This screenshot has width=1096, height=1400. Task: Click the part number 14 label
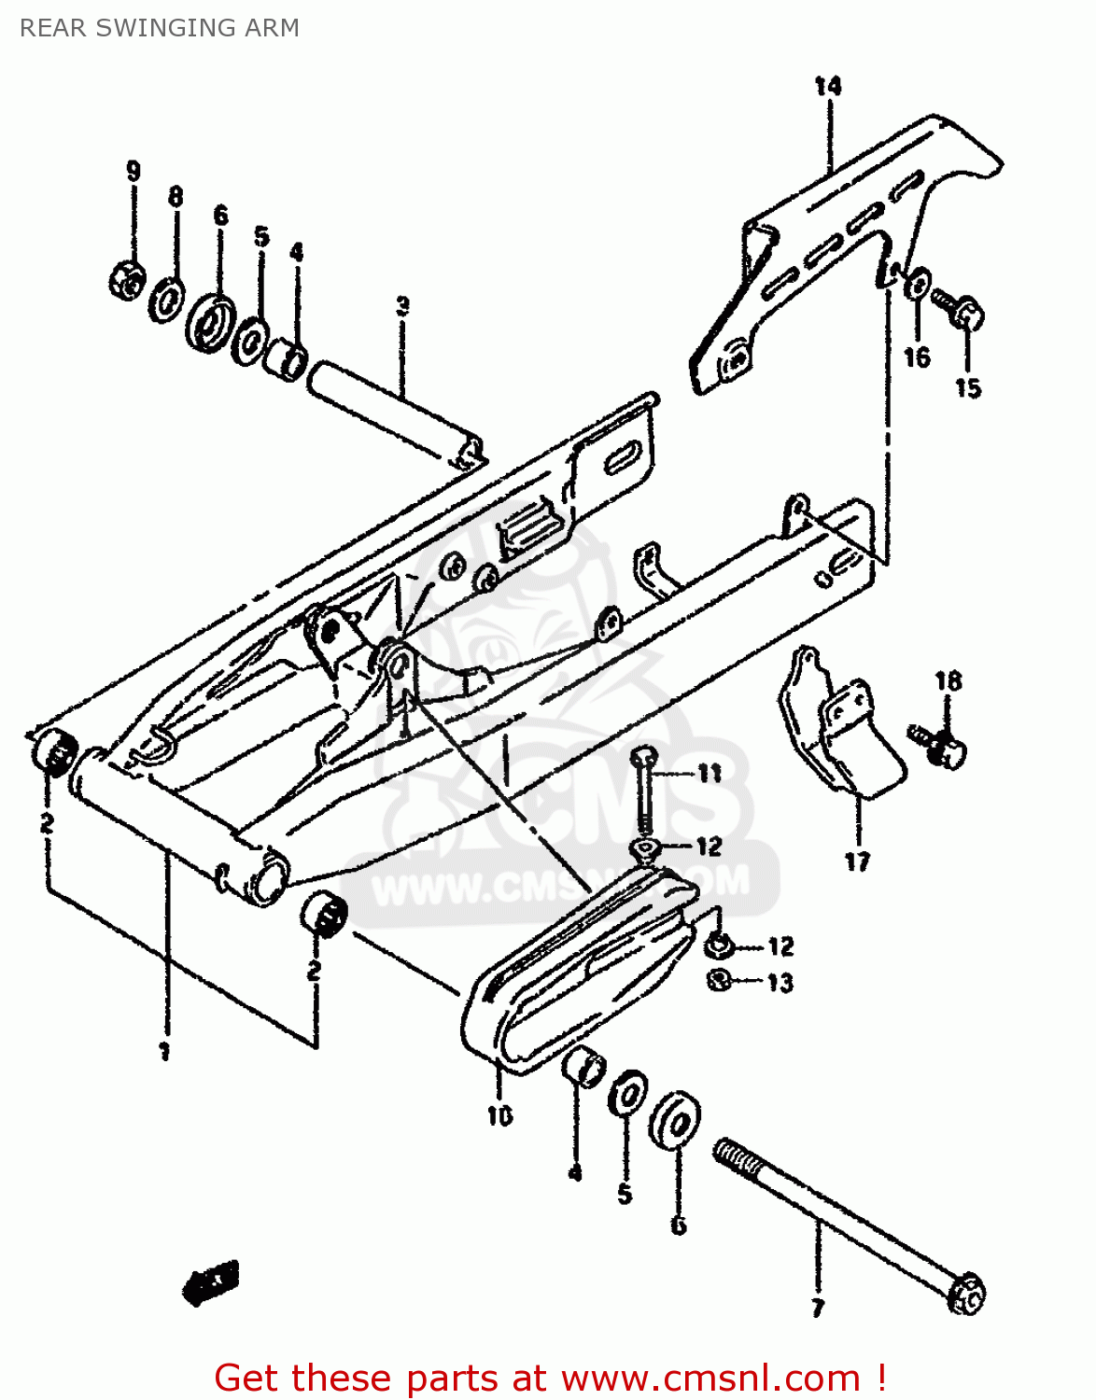827,87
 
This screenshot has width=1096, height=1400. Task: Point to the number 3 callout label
402,306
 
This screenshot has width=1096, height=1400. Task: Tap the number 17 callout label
857,861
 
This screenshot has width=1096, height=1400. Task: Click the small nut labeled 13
719,980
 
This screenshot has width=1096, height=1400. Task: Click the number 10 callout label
499,1114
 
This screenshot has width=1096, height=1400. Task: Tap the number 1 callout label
164,1052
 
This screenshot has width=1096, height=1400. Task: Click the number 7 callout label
818,1307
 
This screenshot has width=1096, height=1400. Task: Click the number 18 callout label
948,681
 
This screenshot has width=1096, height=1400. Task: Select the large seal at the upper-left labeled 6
211,323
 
